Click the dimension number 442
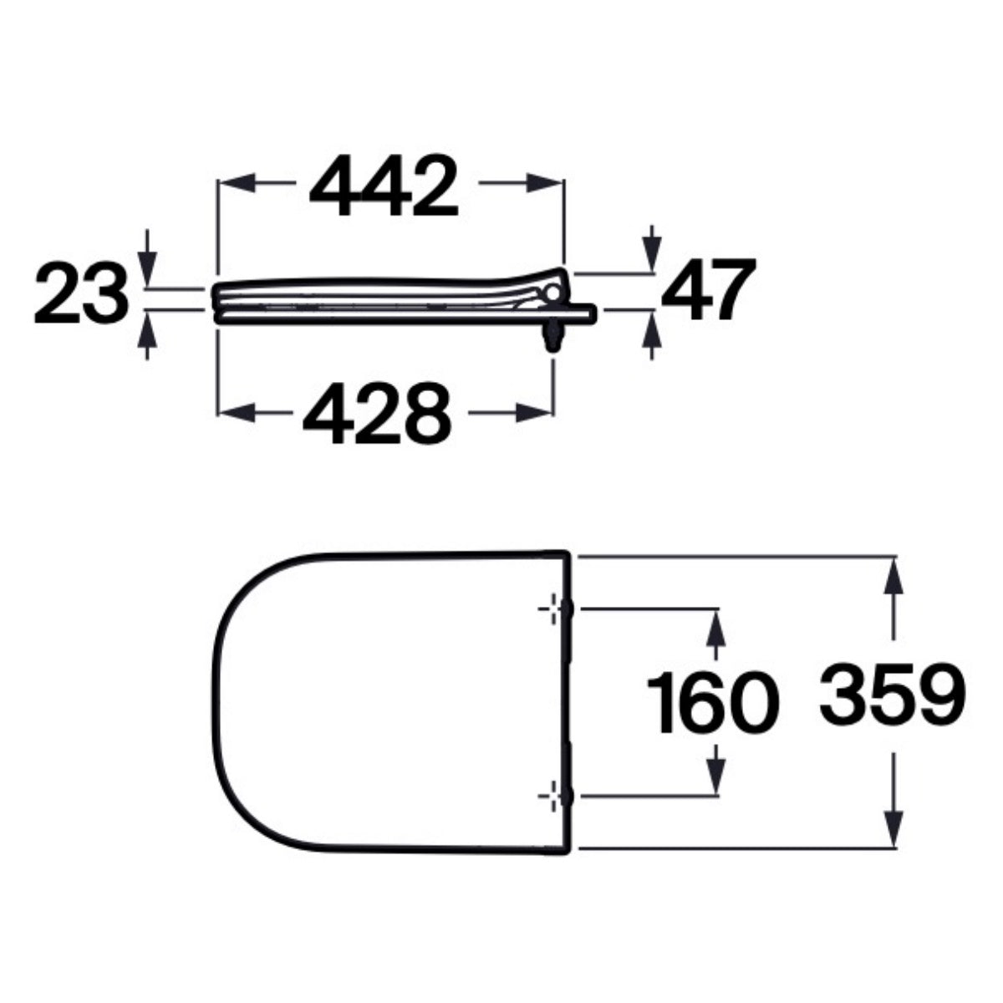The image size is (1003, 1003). [384, 186]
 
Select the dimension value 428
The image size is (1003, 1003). [376, 414]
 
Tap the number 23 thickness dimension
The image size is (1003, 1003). [81, 293]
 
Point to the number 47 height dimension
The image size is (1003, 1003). [709, 289]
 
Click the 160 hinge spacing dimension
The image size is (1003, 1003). [713, 702]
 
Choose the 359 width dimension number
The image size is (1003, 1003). [892, 693]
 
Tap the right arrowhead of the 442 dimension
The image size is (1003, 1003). [545, 182]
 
